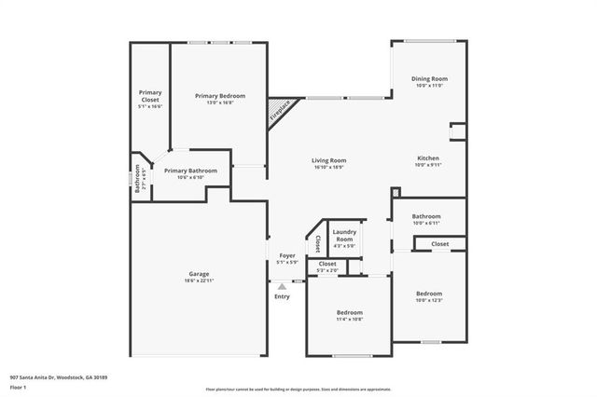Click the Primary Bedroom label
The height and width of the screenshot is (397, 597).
click(x=220, y=96)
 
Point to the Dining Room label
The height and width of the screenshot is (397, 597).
click(x=429, y=79)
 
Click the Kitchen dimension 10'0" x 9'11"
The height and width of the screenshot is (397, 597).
click(x=428, y=165)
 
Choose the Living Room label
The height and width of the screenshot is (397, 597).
click(x=328, y=160)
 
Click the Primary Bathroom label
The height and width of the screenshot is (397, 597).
click(x=190, y=171)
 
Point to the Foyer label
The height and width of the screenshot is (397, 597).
click(x=287, y=255)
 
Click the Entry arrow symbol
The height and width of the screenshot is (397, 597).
click(x=282, y=287)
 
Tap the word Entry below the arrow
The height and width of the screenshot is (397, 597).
click(x=282, y=297)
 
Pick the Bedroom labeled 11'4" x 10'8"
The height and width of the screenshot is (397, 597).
click(x=350, y=312)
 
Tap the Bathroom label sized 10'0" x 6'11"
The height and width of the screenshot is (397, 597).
click(x=426, y=216)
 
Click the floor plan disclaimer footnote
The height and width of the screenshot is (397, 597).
click(x=298, y=389)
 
